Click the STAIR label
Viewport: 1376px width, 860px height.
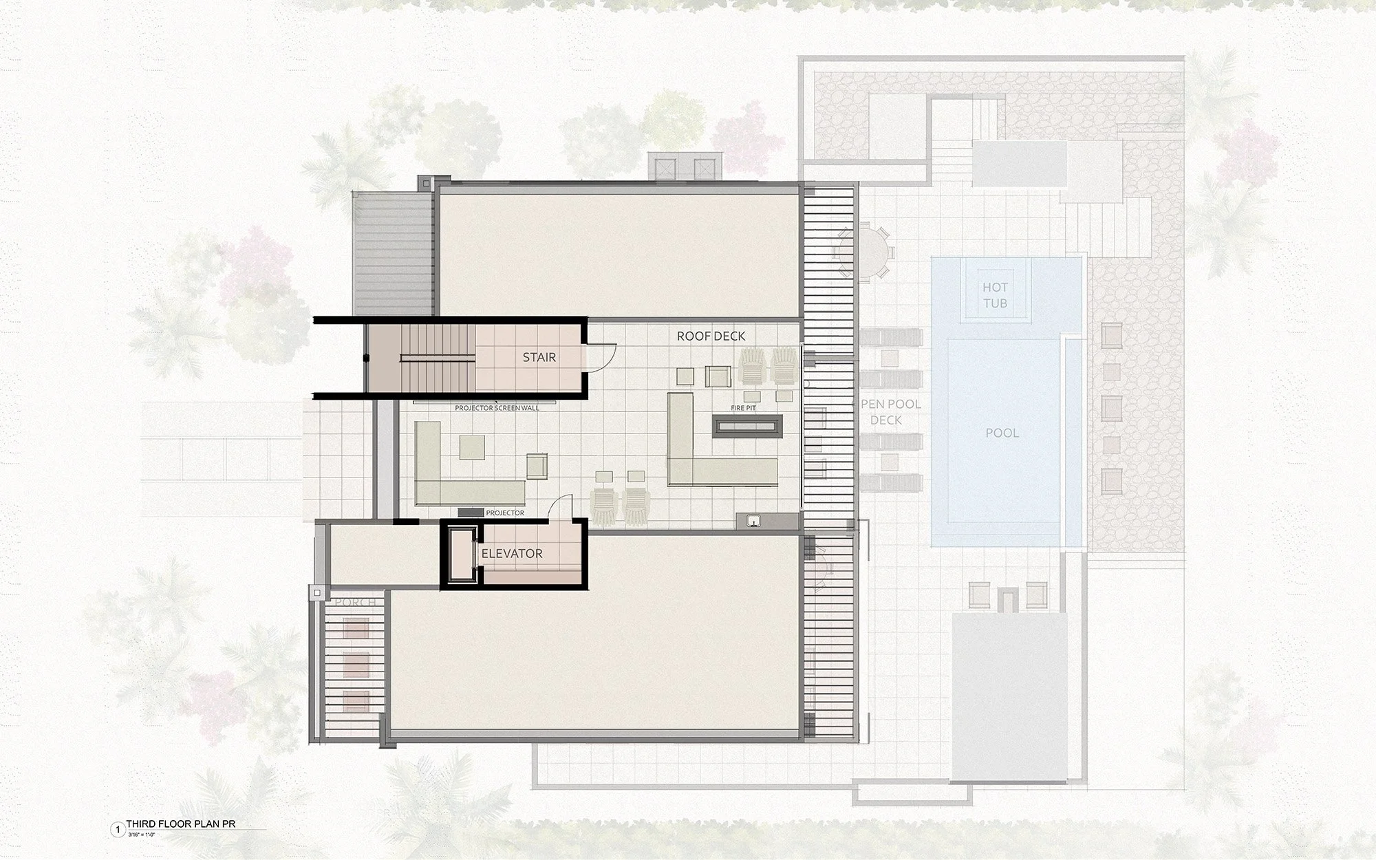pyautogui.click(x=539, y=357)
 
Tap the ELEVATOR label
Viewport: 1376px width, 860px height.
pyautogui.click(x=512, y=553)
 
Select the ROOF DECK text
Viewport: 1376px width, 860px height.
pyautogui.click(x=711, y=336)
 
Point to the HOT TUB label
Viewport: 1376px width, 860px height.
pyautogui.click(x=995, y=295)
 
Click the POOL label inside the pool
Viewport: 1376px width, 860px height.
pyautogui.click(x=1002, y=433)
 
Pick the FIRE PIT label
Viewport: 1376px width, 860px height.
pyautogui.click(x=743, y=408)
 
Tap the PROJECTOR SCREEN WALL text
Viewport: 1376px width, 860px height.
pyautogui.click(x=497, y=408)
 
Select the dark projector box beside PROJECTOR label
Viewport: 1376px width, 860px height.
pyautogui.click(x=470, y=513)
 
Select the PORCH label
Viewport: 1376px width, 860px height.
pyautogui.click(x=355, y=603)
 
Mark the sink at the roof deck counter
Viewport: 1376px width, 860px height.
pyautogui.click(x=755, y=521)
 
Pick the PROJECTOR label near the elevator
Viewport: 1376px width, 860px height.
pyautogui.click(x=505, y=513)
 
